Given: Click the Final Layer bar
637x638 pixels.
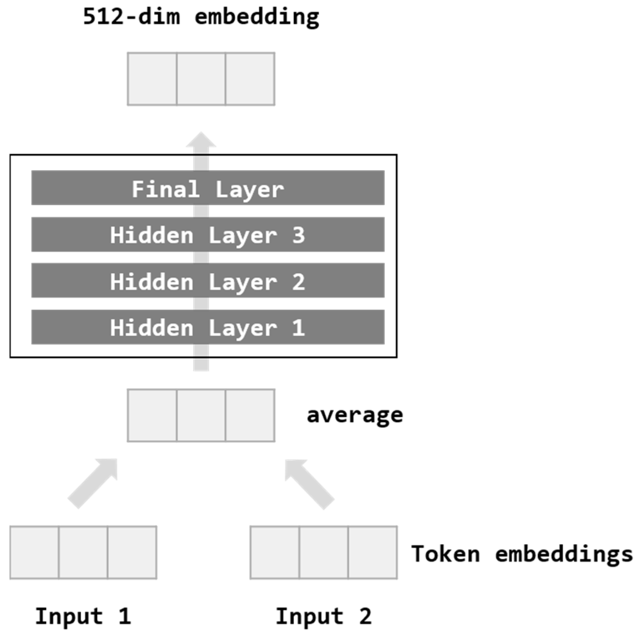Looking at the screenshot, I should click(x=208, y=188).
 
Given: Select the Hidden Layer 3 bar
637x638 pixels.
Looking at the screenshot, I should click(x=208, y=235).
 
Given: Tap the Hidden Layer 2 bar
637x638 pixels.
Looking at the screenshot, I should click(x=208, y=281).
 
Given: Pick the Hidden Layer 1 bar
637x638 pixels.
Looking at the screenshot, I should click(x=208, y=327).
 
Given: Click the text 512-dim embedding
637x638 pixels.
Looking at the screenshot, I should click(x=201, y=17).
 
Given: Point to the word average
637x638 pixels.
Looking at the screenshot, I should click(x=355, y=415).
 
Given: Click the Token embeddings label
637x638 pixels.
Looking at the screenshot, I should click(x=522, y=554).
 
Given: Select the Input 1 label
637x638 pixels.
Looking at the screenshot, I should click(x=83, y=616).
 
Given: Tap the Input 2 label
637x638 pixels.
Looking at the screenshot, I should click(x=324, y=616).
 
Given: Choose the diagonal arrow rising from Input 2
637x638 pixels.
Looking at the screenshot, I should click(x=310, y=484).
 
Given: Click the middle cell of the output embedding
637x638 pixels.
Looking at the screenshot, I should click(x=201, y=79).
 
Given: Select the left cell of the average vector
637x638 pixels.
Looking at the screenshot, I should click(x=152, y=415).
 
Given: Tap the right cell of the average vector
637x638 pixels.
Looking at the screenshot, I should click(x=250, y=415).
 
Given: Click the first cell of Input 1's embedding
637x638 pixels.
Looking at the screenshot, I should click(x=34, y=553).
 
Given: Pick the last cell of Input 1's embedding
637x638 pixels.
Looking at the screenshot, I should click(x=132, y=553).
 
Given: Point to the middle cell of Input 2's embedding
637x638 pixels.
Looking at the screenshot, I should click(x=324, y=553).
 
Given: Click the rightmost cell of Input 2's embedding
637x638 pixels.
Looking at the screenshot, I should click(x=372, y=553).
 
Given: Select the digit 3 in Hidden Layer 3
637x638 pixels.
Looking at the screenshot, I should click(x=299, y=235).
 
